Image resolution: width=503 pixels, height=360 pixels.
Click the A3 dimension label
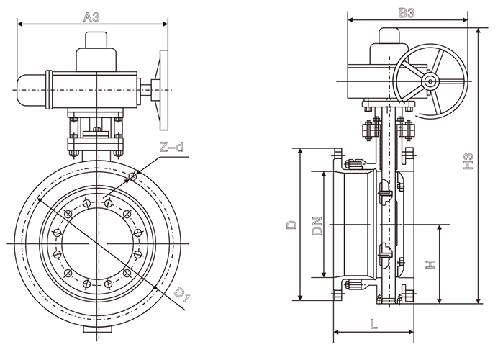point(91,16)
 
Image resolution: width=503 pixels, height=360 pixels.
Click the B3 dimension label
point(407,12)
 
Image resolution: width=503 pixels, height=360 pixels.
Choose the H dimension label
point(430,264)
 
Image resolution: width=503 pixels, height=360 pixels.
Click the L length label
point(374,323)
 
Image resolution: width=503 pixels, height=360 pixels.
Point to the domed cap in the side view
point(386,43)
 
